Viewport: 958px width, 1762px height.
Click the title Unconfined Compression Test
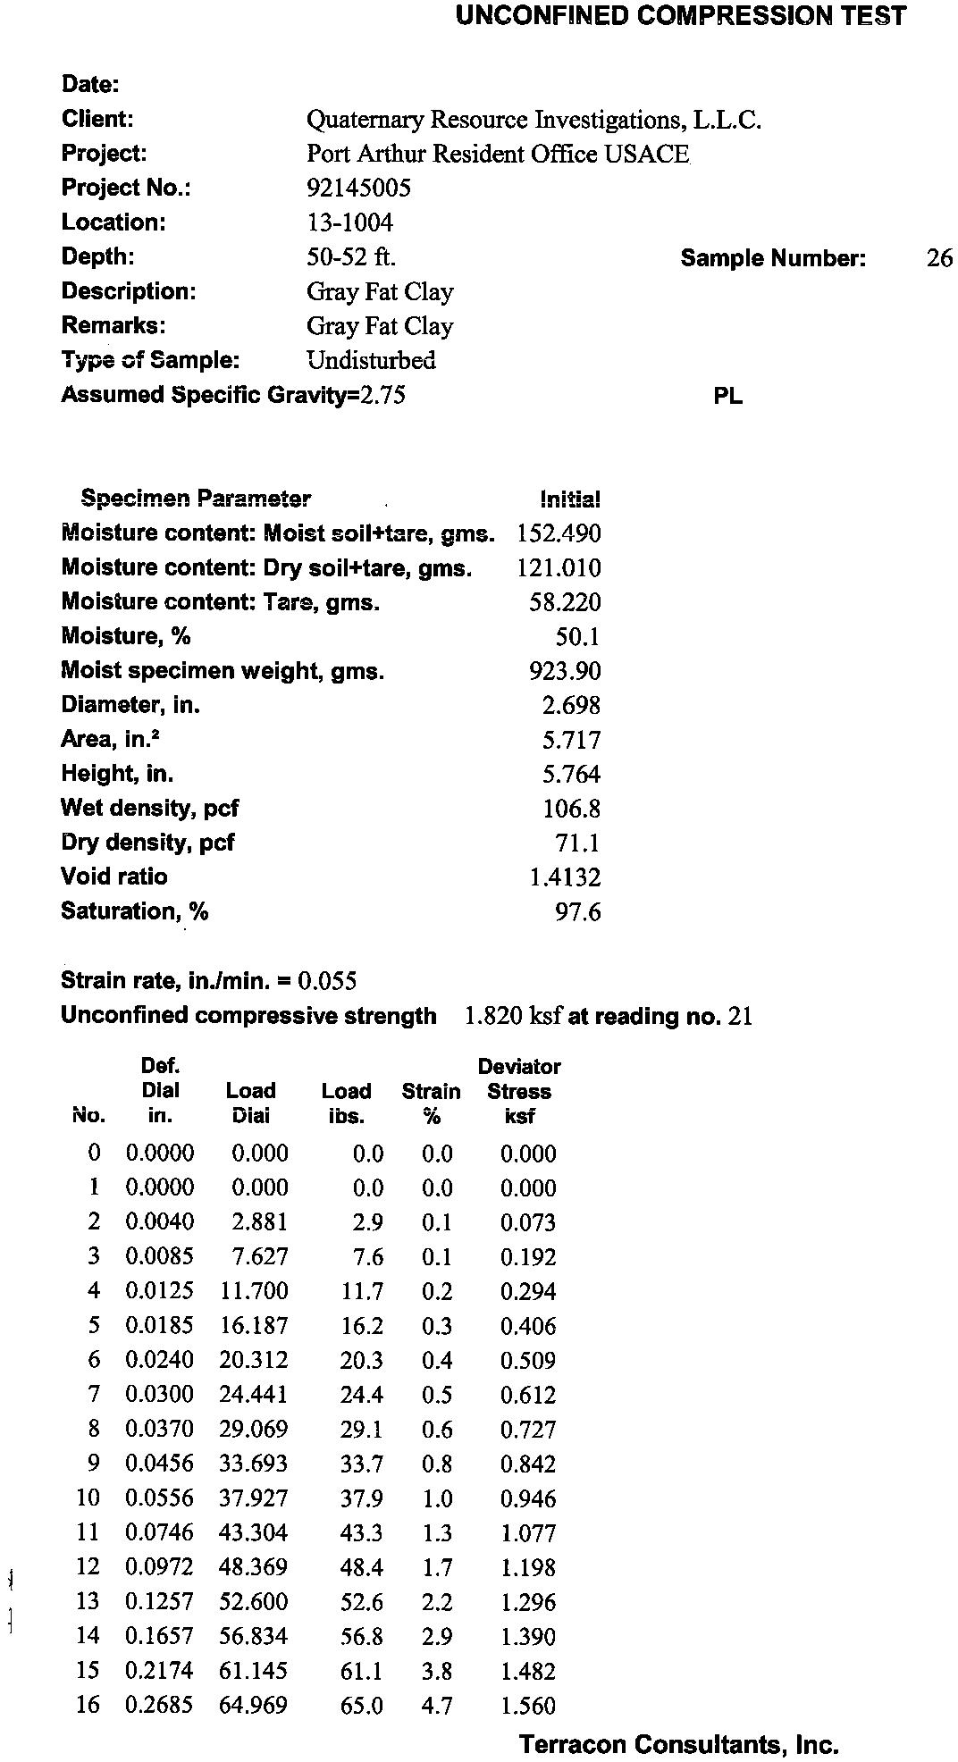coord(681,15)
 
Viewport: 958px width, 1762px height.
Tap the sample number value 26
coord(939,258)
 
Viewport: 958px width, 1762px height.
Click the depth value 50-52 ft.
coord(351,257)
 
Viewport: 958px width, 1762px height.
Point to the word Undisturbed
coord(371,361)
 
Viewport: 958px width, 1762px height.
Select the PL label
coord(728,397)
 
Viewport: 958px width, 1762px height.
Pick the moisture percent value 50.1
coord(577,637)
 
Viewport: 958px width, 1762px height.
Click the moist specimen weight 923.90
coord(565,671)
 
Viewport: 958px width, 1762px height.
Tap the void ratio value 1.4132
coord(565,877)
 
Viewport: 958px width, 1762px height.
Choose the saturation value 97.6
coord(577,912)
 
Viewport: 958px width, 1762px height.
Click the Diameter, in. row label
coord(130,705)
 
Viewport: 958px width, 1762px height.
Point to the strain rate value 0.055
coord(327,981)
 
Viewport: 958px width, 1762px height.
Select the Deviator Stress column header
coord(519,1091)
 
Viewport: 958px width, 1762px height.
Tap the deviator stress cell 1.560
coord(528,1706)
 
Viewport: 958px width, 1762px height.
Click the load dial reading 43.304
coord(254,1533)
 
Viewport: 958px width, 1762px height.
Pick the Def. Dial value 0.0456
coord(159,1464)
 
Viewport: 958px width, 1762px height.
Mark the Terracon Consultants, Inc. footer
coord(679,1744)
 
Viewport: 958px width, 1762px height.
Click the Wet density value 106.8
coord(571,810)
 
